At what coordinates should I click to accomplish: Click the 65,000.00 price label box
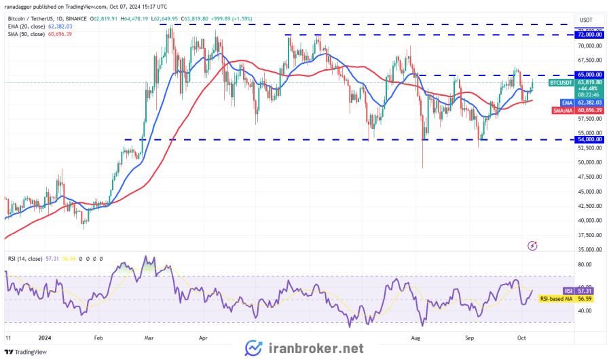tap(589, 74)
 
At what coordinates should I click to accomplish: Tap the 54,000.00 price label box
tap(589, 139)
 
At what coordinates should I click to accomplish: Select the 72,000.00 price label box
tap(589, 34)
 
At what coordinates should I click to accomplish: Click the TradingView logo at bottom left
tap(26, 352)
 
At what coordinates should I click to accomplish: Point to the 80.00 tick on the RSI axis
tap(585, 264)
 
